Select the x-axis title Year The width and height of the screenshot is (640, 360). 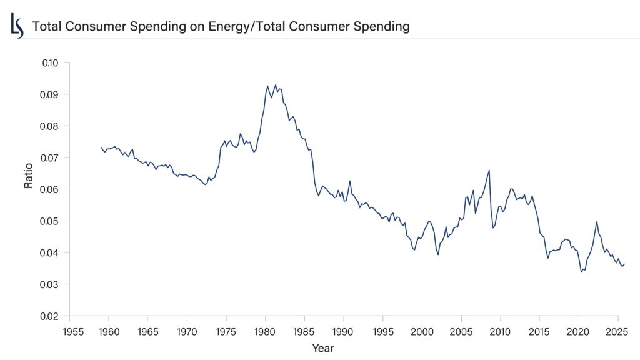click(323, 347)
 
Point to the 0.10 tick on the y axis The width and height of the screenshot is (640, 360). click(50, 62)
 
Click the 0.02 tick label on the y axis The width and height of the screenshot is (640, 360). click(50, 316)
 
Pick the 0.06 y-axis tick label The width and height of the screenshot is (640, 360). click(50, 189)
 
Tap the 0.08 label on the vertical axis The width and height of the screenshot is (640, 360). click(50, 126)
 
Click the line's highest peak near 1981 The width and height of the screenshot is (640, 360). click(276, 85)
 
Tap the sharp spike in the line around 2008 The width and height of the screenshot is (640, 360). click(489, 170)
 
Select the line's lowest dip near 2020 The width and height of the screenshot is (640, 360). click(581, 272)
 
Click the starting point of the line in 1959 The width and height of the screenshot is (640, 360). click(101, 147)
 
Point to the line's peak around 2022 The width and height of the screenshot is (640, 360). click(597, 221)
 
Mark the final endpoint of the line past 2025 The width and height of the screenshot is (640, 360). click(624, 264)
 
